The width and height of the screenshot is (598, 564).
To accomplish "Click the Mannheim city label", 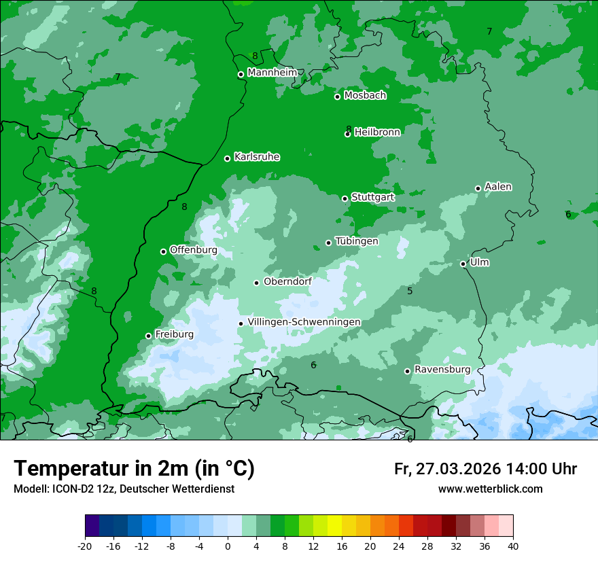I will [272, 73].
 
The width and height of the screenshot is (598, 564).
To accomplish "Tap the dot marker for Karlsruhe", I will [228, 158].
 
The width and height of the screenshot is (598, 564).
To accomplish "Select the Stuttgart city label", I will [372, 197].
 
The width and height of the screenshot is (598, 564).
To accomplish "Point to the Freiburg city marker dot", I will [149, 336].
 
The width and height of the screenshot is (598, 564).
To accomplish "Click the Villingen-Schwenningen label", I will [304, 322].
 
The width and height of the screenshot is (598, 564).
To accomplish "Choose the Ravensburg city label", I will [442, 370].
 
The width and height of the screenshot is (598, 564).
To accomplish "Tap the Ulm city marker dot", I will [463, 264].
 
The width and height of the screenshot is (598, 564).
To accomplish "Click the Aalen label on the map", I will [498, 187].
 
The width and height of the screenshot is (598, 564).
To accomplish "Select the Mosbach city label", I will [365, 96].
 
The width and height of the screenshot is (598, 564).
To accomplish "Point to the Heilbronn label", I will [377, 133].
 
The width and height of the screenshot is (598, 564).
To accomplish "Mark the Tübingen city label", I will [357, 241].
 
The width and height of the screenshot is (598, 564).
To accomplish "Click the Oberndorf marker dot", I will [257, 283].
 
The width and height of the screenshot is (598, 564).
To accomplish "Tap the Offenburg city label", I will [194, 250].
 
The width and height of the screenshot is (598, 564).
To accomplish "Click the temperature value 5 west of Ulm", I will [410, 291].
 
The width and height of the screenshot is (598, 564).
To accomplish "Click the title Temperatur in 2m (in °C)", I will [134, 468].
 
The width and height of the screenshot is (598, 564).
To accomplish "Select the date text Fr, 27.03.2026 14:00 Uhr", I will [485, 469].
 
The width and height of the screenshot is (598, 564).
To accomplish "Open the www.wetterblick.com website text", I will [490, 489].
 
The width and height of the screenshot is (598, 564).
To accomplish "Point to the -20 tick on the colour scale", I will [85, 546].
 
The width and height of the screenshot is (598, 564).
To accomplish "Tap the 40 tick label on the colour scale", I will [513, 546].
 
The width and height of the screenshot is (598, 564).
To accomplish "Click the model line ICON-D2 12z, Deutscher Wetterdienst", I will [124, 489].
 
